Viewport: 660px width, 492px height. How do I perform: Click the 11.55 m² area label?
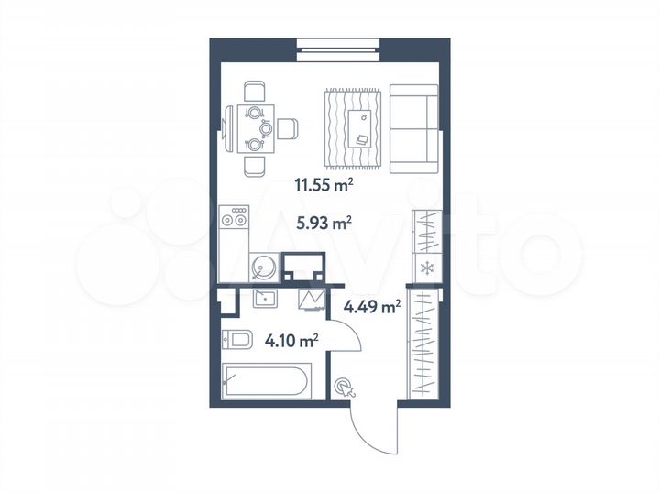click(x=324, y=185)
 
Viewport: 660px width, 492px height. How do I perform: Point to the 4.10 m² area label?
click(x=291, y=342)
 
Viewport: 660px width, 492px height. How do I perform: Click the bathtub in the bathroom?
click(x=267, y=381)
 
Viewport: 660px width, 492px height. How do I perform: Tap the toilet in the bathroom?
click(x=236, y=341)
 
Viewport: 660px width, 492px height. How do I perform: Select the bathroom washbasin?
click(x=265, y=299)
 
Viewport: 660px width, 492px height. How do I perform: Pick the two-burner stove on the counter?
click(x=235, y=219)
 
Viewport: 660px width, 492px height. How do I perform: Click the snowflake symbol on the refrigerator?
click(x=426, y=268)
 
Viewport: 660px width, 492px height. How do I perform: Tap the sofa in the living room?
click(x=414, y=128)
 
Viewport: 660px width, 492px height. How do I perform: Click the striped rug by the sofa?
click(x=353, y=127)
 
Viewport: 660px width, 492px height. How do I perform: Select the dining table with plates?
click(x=250, y=128)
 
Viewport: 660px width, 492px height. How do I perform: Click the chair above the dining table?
click(x=255, y=92)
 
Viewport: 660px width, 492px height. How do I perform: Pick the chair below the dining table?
click(x=255, y=166)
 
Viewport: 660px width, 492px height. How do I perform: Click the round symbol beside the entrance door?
click(x=344, y=388)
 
